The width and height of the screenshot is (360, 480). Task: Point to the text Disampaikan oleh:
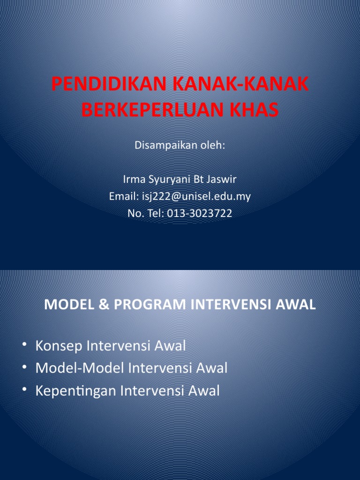(x=180, y=145)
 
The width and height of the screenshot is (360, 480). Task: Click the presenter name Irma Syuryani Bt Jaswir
(x=180, y=180)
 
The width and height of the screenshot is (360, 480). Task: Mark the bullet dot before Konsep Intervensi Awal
(x=24, y=346)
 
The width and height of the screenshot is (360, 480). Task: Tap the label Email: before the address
(x=123, y=196)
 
